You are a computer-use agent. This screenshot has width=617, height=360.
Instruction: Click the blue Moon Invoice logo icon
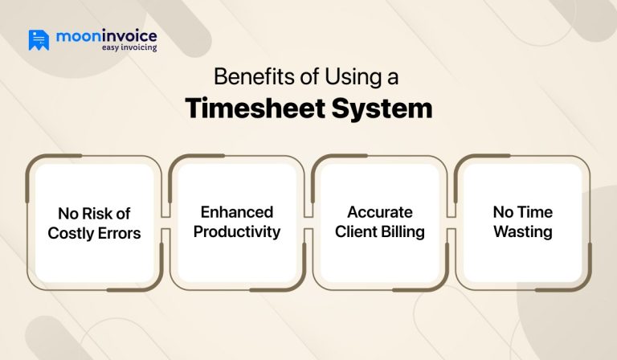point(39,40)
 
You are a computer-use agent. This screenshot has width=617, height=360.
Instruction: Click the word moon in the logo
point(77,36)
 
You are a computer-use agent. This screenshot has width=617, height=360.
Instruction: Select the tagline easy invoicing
point(129,48)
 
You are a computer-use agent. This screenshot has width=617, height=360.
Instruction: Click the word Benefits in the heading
point(246,79)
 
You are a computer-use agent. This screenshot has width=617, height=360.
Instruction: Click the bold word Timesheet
point(254,108)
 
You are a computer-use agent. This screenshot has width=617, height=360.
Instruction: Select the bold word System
point(382,108)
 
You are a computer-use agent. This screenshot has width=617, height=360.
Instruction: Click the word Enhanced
point(237,212)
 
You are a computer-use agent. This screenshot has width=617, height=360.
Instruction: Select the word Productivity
point(237,232)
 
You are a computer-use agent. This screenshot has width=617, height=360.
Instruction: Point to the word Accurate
point(379,212)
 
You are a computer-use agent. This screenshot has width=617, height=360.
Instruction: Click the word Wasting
point(522,232)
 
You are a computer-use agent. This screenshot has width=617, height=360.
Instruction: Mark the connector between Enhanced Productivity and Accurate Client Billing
point(308,223)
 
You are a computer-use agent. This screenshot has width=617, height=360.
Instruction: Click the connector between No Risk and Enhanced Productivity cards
point(165,223)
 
